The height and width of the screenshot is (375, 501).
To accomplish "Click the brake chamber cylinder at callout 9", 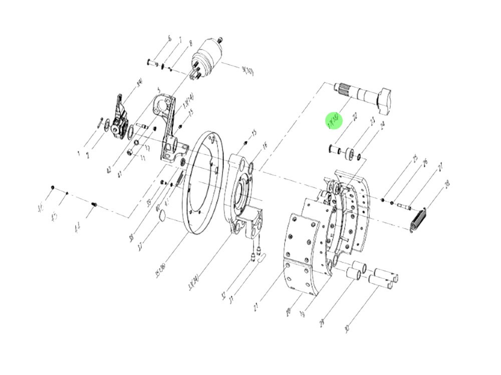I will [x=210, y=60].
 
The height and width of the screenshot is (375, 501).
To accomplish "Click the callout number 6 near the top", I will [x=169, y=38].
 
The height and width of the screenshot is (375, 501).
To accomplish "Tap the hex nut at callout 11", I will [x=130, y=152].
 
